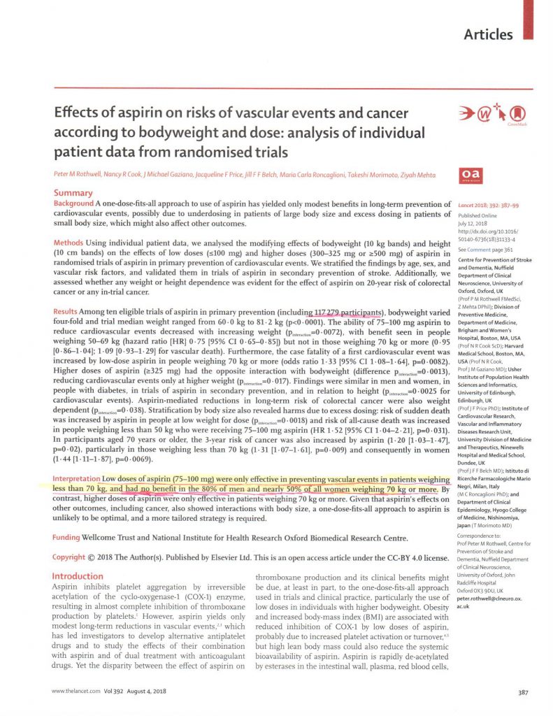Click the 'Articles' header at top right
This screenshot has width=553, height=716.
point(488,34)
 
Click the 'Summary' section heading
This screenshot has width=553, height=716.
point(73,193)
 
